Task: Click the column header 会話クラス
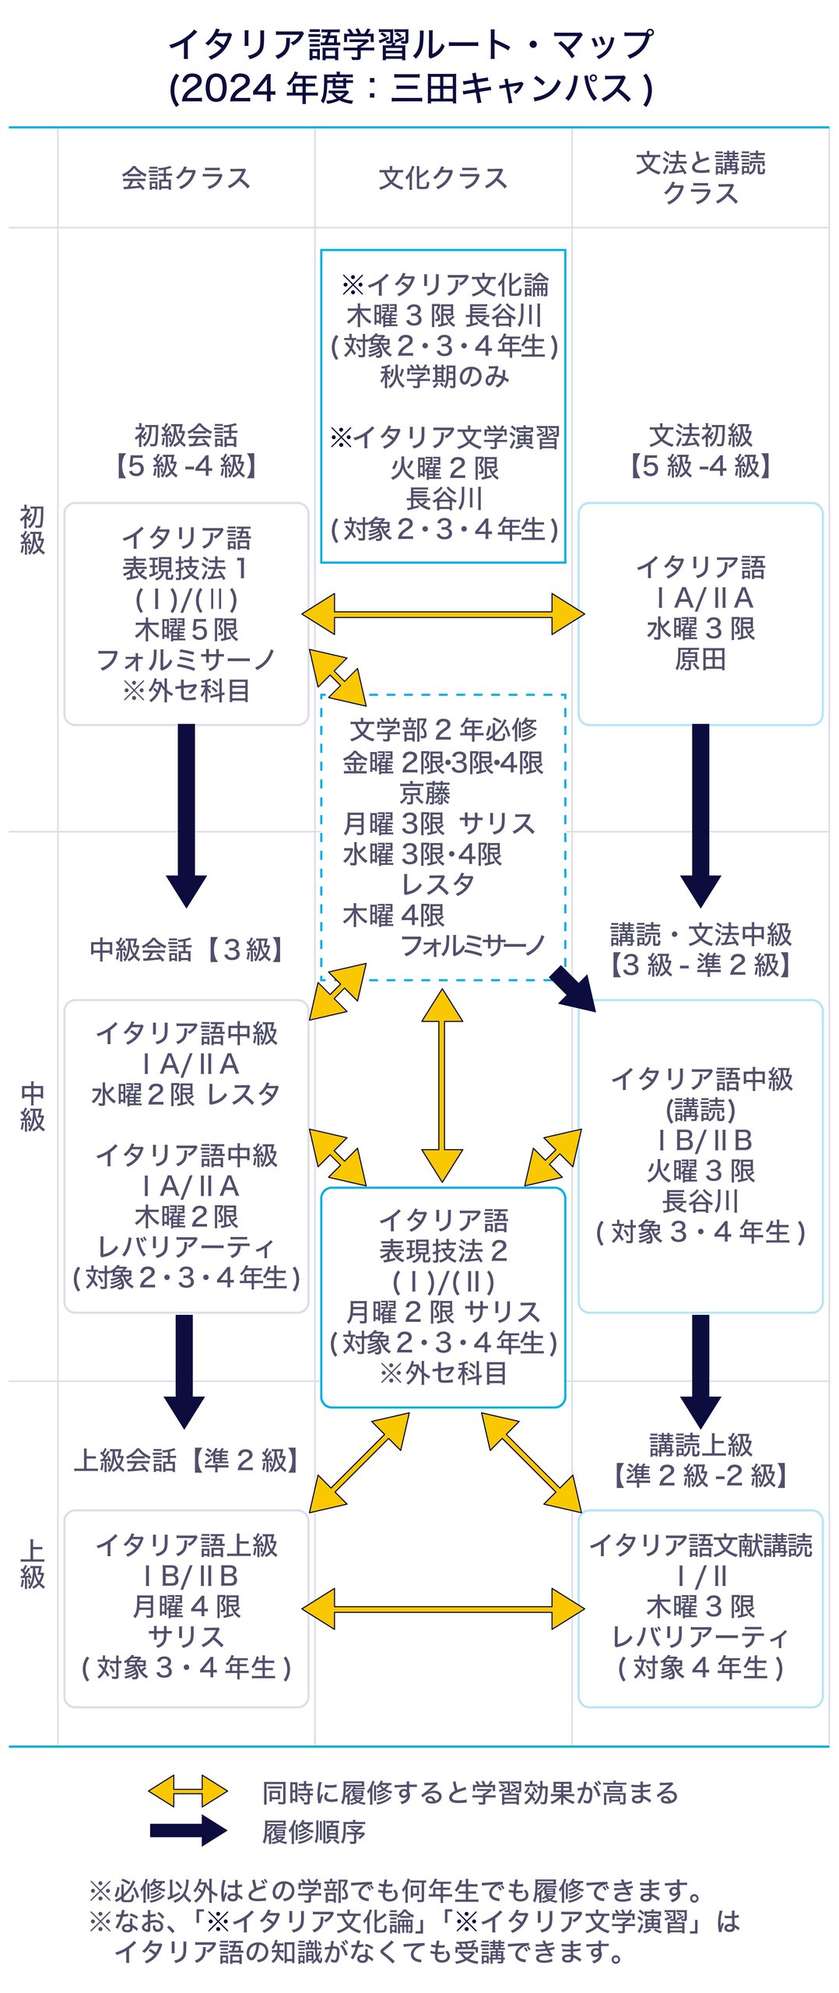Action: point(186,178)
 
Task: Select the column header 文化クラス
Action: point(443,178)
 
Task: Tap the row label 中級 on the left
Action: point(32,1106)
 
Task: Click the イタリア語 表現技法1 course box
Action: point(186,613)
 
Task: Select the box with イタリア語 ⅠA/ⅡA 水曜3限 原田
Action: point(700,613)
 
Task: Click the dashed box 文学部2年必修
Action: point(443,837)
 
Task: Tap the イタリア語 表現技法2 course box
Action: point(443,1296)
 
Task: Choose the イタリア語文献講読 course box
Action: point(700,1608)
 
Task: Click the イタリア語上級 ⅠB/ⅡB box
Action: point(186,1608)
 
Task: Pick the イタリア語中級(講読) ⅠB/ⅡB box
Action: point(700,1156)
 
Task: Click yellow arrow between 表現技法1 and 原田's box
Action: point(443,614)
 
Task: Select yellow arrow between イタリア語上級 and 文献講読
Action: point(443,1608)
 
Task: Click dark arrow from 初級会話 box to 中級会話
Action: point(186,814)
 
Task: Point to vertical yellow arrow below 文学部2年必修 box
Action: point(442,1085)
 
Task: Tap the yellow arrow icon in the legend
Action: point(188,1791)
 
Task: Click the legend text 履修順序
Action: point(314,1832)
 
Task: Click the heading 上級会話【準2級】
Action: point(186,1460)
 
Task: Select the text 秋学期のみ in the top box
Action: point(444,377)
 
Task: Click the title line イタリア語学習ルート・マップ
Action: point(411,44)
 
